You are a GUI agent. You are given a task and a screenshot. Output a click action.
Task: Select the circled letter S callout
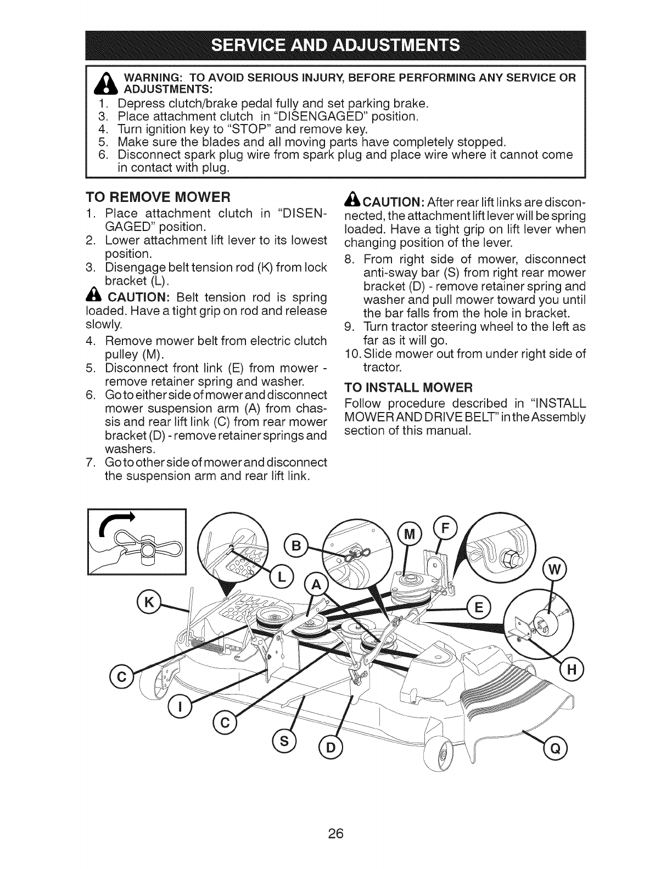click(287, 744)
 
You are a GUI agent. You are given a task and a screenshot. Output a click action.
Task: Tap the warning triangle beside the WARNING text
click(103, 83)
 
